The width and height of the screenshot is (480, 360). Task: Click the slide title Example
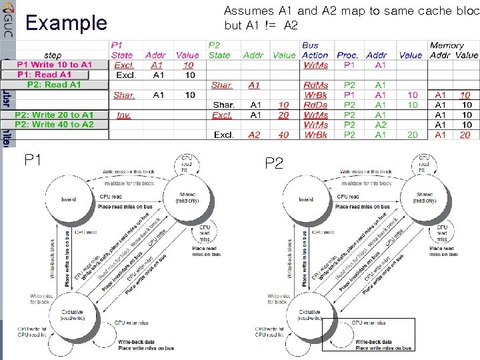point(65,23)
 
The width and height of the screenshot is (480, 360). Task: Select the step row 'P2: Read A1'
point(54,85)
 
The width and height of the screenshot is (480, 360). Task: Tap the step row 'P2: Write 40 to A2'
point(54,125)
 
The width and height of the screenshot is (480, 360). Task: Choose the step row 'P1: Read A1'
point(45,75)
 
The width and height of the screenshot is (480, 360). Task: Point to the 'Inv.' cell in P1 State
point(123,115)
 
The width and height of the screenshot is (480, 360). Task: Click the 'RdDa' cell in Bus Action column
point(315,105)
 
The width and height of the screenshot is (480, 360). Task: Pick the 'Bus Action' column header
point(315,51)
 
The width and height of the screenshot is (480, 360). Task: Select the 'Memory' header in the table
point(447,45)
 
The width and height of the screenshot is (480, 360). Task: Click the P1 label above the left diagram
point(34,160)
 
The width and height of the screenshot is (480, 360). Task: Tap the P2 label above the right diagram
point(274,163)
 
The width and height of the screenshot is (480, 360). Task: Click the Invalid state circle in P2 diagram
point(306,199)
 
